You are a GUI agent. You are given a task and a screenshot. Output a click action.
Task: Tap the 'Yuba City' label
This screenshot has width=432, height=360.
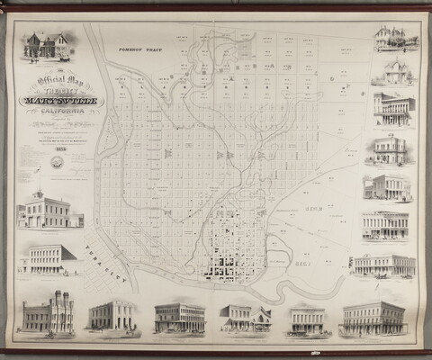click(103, 254)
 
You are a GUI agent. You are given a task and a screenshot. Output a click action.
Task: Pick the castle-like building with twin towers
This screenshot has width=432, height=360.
click(48, 315)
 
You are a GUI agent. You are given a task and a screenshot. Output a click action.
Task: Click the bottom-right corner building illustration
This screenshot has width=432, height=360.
click(373, 318)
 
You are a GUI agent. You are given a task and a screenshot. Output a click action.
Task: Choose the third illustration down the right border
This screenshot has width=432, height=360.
click(394, 109)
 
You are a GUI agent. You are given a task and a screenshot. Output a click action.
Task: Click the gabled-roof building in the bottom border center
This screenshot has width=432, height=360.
click(246, 318)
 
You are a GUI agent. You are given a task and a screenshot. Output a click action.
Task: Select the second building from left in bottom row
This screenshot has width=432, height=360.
click(112, 315)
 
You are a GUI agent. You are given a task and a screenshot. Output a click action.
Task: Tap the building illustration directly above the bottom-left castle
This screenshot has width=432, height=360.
click(49, 259)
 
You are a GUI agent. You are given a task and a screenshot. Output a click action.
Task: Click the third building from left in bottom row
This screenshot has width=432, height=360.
click(179, 318)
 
